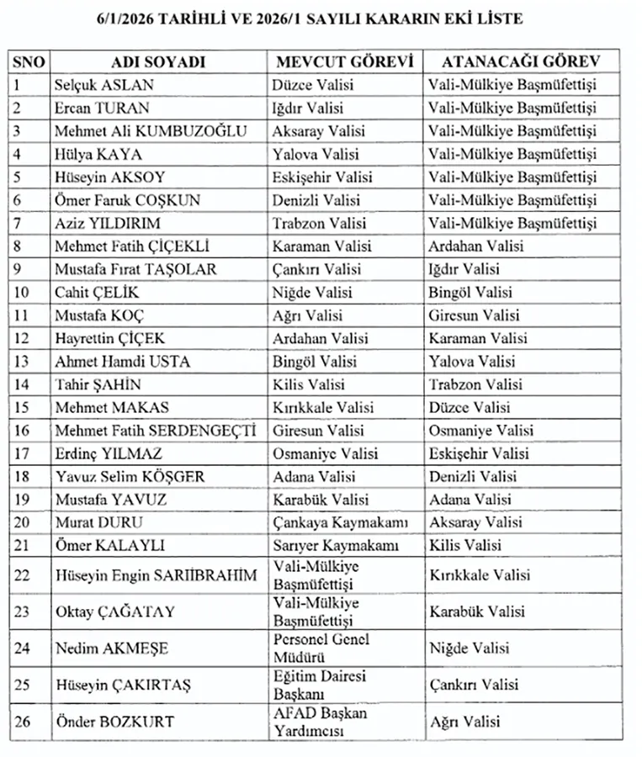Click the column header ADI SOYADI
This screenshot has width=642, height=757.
point(158,62)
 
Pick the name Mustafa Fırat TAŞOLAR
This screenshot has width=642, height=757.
point(135,269)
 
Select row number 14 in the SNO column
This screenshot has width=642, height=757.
point(21,384)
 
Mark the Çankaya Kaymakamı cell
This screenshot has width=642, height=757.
point(340,522)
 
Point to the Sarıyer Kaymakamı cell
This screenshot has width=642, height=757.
point(335,545)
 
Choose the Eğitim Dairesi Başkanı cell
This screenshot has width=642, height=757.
point(319,685)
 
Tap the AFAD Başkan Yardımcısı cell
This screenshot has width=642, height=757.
point(320,722)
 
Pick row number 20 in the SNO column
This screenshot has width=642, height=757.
point(22,522)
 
